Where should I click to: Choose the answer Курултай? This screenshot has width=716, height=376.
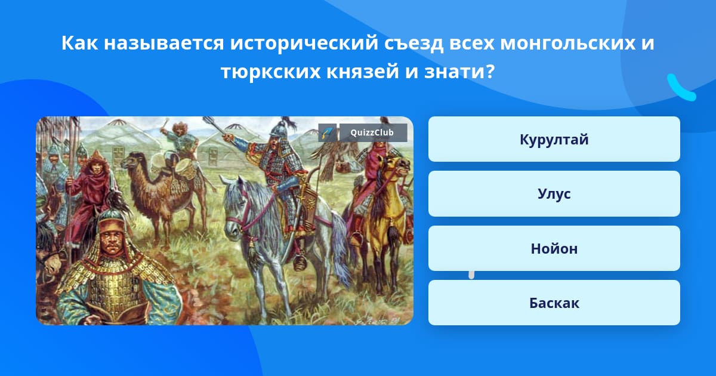(x=554, y=140)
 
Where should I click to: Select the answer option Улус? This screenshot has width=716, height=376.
(x=554, y=194)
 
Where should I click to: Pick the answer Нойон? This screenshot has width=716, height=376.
(x=554, y=248)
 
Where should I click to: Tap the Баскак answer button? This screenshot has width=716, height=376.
(x=554, y=303)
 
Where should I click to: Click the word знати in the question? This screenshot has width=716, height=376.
(x=459, y=72)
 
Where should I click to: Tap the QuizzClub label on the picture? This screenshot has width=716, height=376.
(x=373, y=132)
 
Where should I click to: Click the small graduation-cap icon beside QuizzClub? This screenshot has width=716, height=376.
(x=328, y=132)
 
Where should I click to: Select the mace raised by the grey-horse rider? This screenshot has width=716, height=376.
(x=212, y=122)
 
